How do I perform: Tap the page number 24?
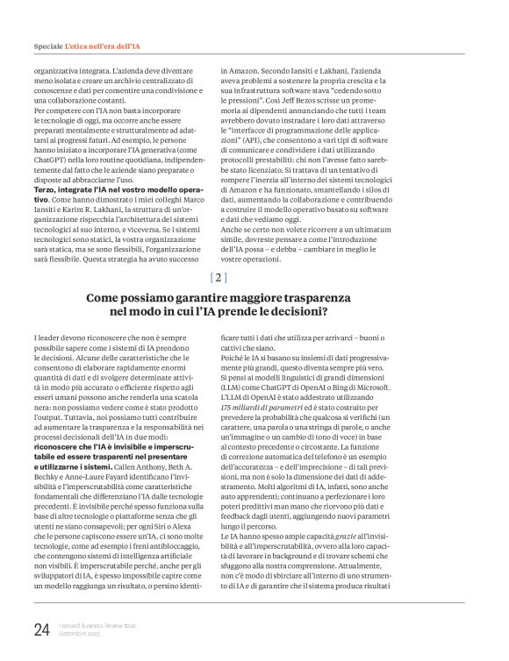coord(42,629)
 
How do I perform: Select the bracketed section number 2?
coord(220,278)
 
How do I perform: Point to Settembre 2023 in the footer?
coord(80,633)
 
